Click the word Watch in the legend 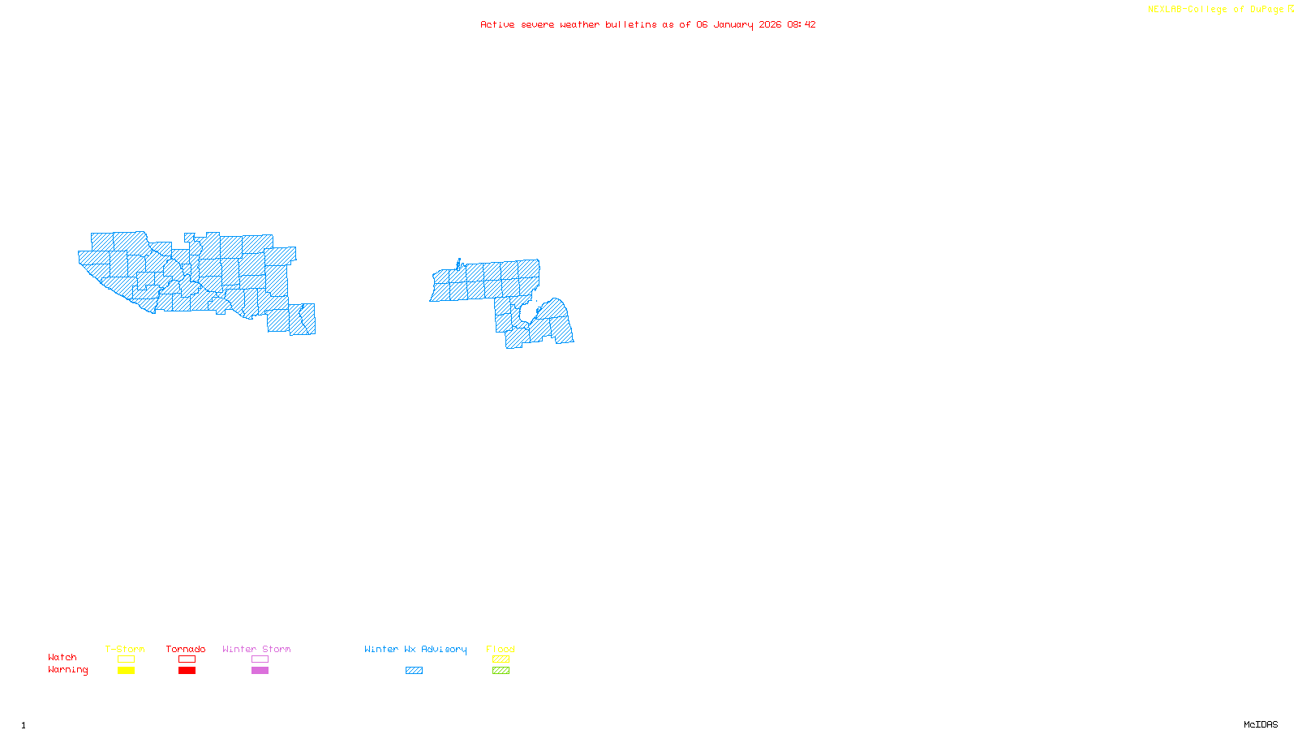coord(62,657)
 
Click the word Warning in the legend coord(67,670)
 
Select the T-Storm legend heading coord(125,649)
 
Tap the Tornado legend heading coord(186,649)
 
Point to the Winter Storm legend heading coord(256,649)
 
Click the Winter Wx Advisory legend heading coord(415,649)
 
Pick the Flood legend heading coord(501,649)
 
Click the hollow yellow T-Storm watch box coord(126,659)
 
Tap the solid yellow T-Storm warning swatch coord(126,671)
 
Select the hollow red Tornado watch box coord(187,659)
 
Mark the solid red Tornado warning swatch coord(187,671)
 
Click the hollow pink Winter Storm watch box coord(260,659)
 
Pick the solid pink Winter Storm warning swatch coord(260,671)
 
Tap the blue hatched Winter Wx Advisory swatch coord(414,671)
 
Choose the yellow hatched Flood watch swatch coord(501,659)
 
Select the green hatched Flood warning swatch coord(501,671)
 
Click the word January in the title coord(733,24)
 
